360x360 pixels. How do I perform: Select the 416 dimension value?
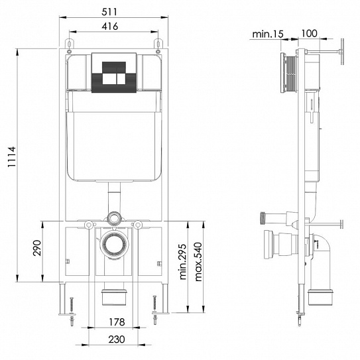111,27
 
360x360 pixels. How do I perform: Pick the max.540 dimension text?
197,261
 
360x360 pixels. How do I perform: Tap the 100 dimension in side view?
310,33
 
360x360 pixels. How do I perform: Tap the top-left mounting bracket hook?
68,44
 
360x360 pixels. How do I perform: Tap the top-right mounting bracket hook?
158,44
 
